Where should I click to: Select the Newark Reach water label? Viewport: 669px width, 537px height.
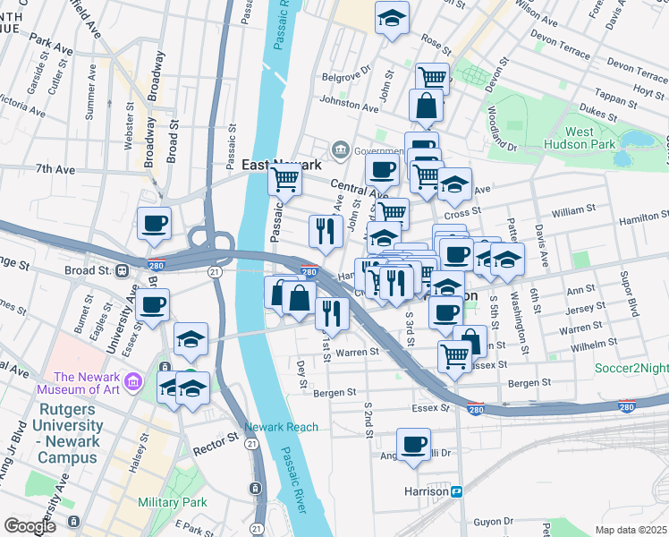[x=281, y=427]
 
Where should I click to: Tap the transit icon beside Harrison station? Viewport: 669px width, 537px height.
[x=457, y=491]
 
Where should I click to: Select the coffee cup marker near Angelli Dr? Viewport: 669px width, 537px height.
[x=413, y=444]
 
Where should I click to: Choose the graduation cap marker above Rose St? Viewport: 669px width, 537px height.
[x=391, y=18]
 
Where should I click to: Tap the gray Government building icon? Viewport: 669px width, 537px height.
[x=340, y=149]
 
